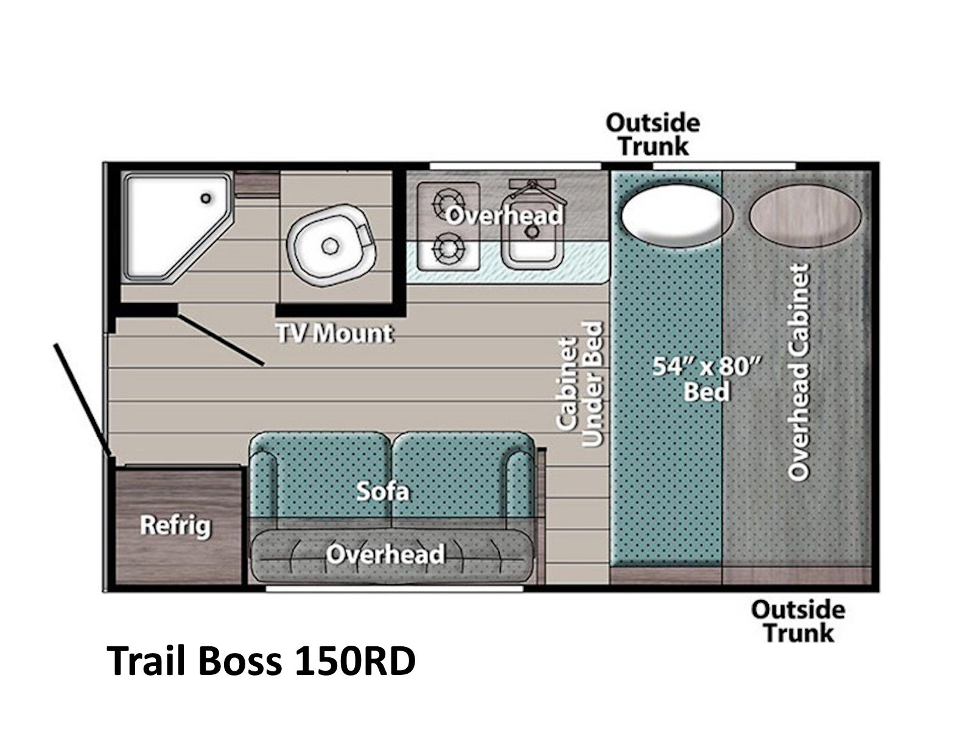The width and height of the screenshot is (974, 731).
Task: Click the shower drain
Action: (x=205, y=198)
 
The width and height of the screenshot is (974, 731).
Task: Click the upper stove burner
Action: (x=448, y=204)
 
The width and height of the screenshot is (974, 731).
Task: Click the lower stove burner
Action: (x=448, y=249)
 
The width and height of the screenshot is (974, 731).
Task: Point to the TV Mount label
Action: (x=334, y=333)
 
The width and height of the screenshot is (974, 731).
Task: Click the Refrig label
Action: (x=175, y=526)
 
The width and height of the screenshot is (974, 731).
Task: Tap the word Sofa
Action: (x=382, y=492)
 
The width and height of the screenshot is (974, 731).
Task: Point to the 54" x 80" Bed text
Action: (x=706, y=379)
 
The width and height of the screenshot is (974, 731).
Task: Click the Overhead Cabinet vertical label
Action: (x=799, y=372)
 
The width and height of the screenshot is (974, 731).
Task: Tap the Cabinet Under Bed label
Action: (x=580, y=384)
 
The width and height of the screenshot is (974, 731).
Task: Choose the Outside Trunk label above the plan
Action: (x=653, y=134)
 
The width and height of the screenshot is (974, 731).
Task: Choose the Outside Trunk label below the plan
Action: (x=798, y=621)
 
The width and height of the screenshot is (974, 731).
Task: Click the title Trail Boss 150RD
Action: (x=261, y=661)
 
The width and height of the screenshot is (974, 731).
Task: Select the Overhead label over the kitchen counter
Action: (x=504, y=216)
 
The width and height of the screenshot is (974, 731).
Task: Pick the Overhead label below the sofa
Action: (x=385, y=554)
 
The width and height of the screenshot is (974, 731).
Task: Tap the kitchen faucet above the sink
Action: (x=532, y=188)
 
